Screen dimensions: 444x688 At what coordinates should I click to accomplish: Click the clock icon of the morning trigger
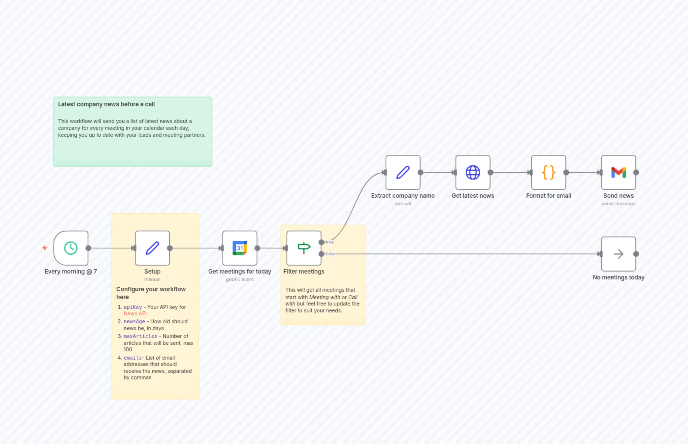[x=71, y=248]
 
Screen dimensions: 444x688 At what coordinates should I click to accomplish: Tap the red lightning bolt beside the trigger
[x=44, y=248]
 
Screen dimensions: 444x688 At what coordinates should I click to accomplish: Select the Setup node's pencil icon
[x=152, y=248]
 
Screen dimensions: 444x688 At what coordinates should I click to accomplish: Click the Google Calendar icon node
[x=240, y=248]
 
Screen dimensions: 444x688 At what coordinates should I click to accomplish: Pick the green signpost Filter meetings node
[x=304, y=248]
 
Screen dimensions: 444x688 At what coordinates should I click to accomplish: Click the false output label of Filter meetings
[x=330, y=254]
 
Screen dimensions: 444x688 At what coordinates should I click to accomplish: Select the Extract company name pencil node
[x=403, y=172]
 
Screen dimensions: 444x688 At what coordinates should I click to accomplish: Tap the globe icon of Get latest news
[x=473, y=172]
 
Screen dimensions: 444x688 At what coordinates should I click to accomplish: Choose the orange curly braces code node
[x=548, y=172]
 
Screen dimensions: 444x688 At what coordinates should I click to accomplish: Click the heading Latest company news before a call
[x=106, y=104]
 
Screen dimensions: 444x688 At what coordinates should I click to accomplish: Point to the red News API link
[x=135, y=313]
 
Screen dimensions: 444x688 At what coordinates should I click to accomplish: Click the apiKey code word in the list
[x=133, y=307]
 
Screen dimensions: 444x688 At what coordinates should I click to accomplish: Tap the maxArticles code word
[x=140, y=336]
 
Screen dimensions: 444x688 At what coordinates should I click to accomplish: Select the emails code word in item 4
[x=132, y=358]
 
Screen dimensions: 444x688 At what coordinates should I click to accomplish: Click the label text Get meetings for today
[x=240, y=271]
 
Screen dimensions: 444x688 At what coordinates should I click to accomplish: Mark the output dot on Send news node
[x=636, y=172]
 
